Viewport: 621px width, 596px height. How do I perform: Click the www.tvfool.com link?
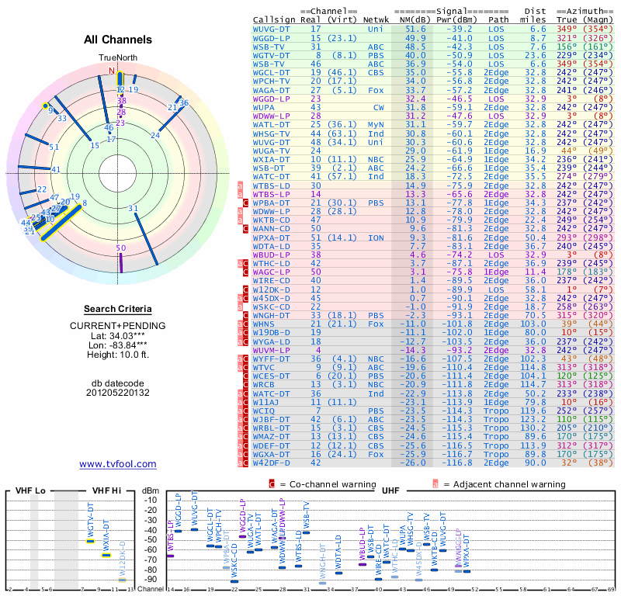pos(117,464)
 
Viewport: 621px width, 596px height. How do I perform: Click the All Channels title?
pos(117,39)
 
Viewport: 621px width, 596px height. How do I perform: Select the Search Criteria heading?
pos(117,309)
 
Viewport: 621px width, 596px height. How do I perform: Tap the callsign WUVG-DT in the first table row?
pos(272,28)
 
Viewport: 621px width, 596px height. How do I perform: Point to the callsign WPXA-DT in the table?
pos(272,237)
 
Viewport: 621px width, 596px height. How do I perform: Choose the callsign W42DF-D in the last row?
pos(272,463)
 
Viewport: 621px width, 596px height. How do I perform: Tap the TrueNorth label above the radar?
pos(117,58)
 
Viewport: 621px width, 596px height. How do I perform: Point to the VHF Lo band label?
pos(30,490)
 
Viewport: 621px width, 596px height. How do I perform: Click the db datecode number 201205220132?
pos(117,393)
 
